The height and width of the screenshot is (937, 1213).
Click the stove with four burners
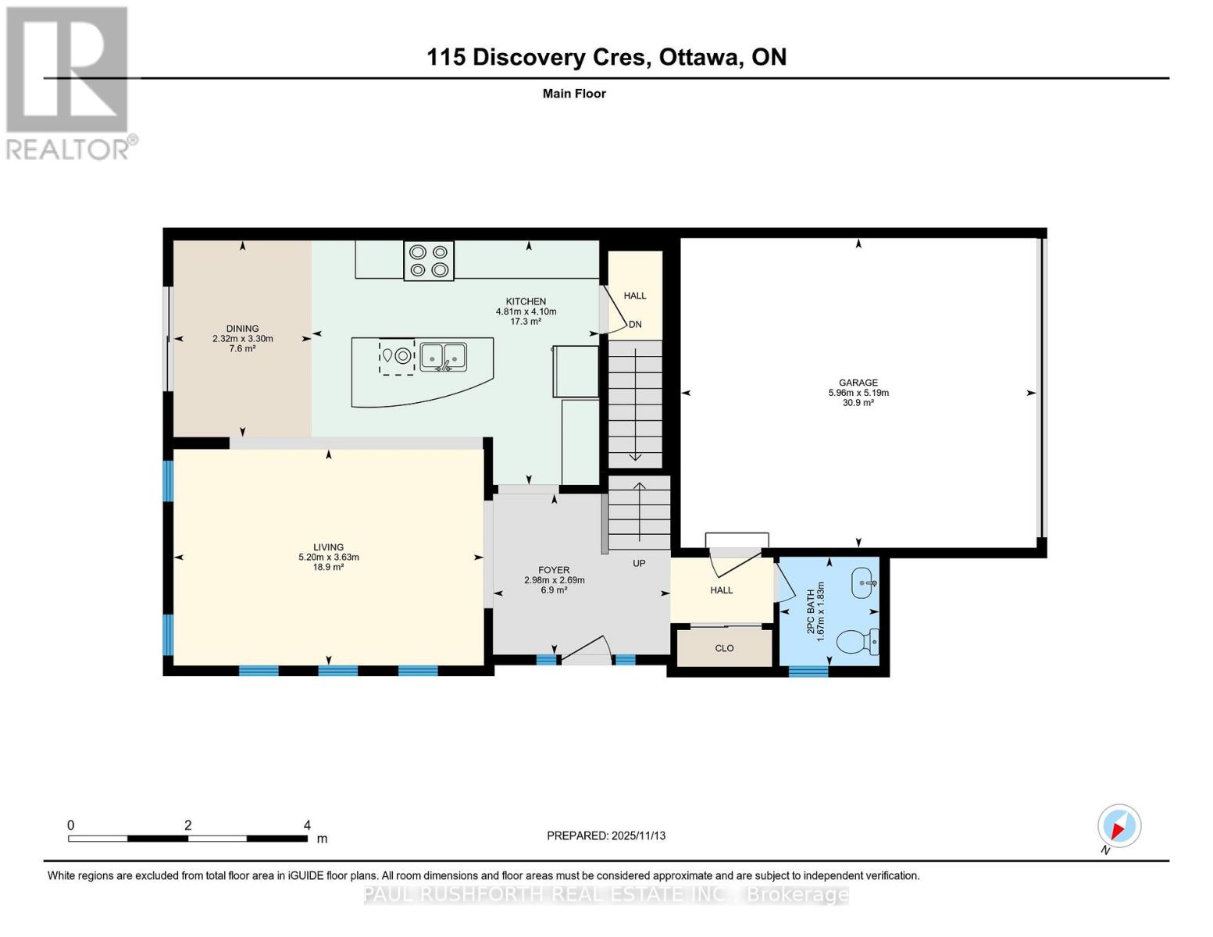(x=429, y=261)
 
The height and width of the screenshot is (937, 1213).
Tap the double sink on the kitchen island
(x=443, y=357)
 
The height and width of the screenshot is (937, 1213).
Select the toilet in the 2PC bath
(x=858, y=643)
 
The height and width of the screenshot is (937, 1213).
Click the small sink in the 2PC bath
(x=863, y=583)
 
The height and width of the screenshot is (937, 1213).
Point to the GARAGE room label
(x=858, y=383)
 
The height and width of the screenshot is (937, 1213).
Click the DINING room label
(x=242, y=329)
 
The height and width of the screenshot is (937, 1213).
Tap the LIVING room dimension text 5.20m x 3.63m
(x=328, y=558)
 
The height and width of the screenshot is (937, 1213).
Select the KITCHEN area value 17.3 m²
(x=526, y=322)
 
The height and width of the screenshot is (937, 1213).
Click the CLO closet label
(x=724, y=648)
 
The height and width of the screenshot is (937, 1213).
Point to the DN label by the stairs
(x=635, y=324)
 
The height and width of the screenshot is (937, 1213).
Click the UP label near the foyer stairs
(x=639, y=563)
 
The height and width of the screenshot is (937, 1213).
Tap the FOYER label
(x=554, y=570)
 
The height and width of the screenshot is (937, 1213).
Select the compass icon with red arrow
(x=1119, y=826)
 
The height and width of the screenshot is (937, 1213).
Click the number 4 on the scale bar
(x=307, y=825)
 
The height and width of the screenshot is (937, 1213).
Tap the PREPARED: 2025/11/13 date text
(x=606, y=835)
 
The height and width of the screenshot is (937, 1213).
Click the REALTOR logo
(x=69, y=82)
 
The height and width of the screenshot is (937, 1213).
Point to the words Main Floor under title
(x=574, y=94)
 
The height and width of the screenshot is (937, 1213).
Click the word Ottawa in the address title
(x=700, y=57)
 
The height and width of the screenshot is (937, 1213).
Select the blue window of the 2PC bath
(x=808, y=671)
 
